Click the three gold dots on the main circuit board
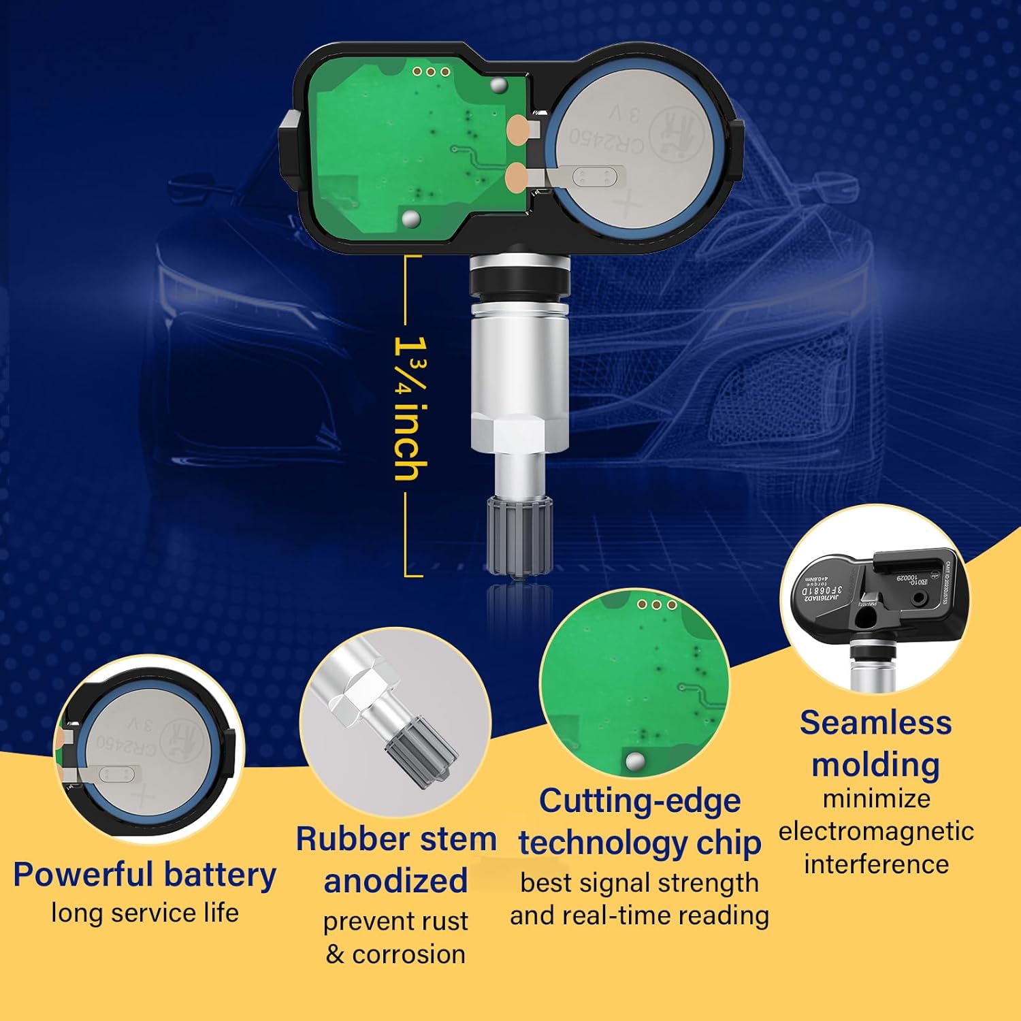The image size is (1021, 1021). [x=431, y=71]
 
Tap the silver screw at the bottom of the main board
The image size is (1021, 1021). [x=411, y=218]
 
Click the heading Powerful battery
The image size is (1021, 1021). [x=144, y=875]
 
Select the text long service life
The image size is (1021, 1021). [x=144, y=913]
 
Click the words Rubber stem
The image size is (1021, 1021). [x=395, y=839]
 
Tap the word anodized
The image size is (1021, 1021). [x=395, y=881]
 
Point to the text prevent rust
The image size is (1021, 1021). [x=395, y=921]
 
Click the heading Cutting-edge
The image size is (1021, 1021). [x=639, y=800]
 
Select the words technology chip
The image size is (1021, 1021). [x=639, y=843]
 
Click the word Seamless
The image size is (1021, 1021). [x=875, y=723]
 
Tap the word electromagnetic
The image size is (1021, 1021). [x=875, y=831]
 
